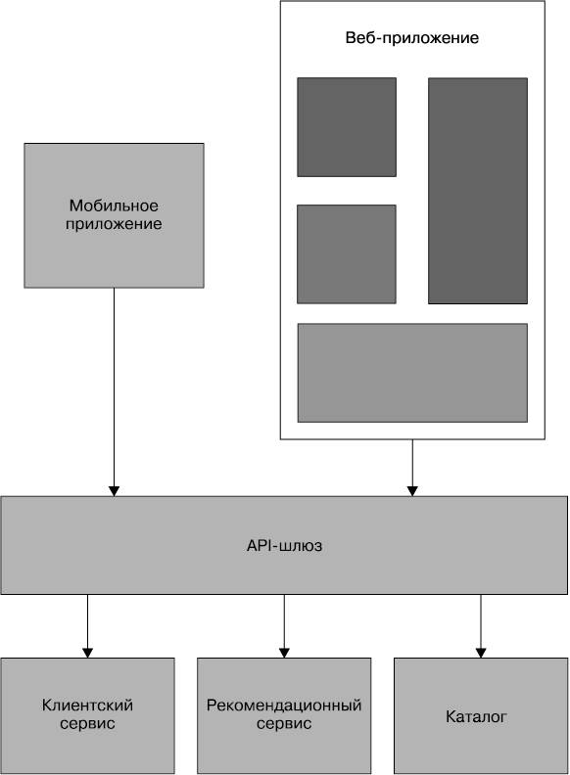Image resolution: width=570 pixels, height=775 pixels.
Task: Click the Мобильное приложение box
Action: tap(114, 215)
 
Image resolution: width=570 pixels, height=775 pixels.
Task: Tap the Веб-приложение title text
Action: tap(412, 38)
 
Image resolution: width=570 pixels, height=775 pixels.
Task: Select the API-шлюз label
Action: tap(284, 545)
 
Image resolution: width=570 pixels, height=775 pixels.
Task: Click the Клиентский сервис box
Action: tap(87, 715)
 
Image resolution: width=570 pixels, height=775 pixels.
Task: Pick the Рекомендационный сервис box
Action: tap(284, 715)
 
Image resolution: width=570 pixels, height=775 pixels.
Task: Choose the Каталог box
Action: tap(481, 715)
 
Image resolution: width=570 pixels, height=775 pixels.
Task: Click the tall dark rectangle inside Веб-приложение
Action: tap(478, 191)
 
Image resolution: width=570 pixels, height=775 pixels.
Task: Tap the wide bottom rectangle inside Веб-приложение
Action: tap(412, 373)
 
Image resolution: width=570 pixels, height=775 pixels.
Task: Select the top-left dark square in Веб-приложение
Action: tap(347, 127)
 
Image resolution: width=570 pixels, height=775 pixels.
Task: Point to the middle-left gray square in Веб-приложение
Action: tap(347, 254)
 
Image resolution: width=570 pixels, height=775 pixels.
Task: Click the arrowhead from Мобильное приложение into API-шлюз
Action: tap(114, 491)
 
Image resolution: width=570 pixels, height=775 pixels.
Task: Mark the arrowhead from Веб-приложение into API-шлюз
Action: tap(412, 491)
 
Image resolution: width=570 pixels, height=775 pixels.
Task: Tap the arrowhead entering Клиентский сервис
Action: tap(87, 653)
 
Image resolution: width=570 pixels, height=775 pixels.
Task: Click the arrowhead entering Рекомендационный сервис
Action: tap(284, 653)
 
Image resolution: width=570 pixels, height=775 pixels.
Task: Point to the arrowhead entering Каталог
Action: tap(481, 653)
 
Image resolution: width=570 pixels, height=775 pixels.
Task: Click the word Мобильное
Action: tap(114, 205)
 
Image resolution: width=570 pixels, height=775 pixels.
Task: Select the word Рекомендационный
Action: tap(284, 706)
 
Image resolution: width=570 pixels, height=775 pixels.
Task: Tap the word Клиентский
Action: tap(87, 706)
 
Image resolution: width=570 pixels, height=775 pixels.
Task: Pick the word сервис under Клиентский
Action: tap(87, 723)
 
